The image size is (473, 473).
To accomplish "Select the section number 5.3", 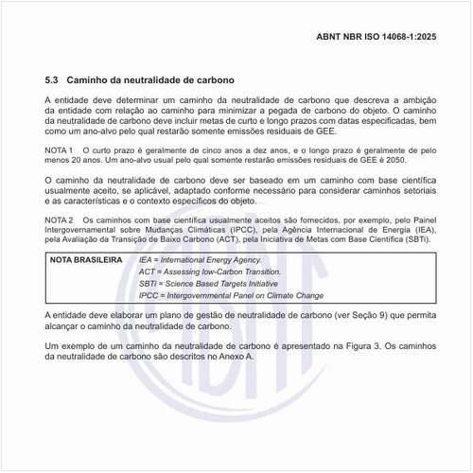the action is [53, 80].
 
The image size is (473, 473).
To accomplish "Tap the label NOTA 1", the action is [61, 149].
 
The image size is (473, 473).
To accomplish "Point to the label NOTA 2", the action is [61, 219].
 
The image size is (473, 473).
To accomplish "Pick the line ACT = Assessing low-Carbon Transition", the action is [203, 271].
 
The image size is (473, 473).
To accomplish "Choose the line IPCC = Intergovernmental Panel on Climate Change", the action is [232, 295].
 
